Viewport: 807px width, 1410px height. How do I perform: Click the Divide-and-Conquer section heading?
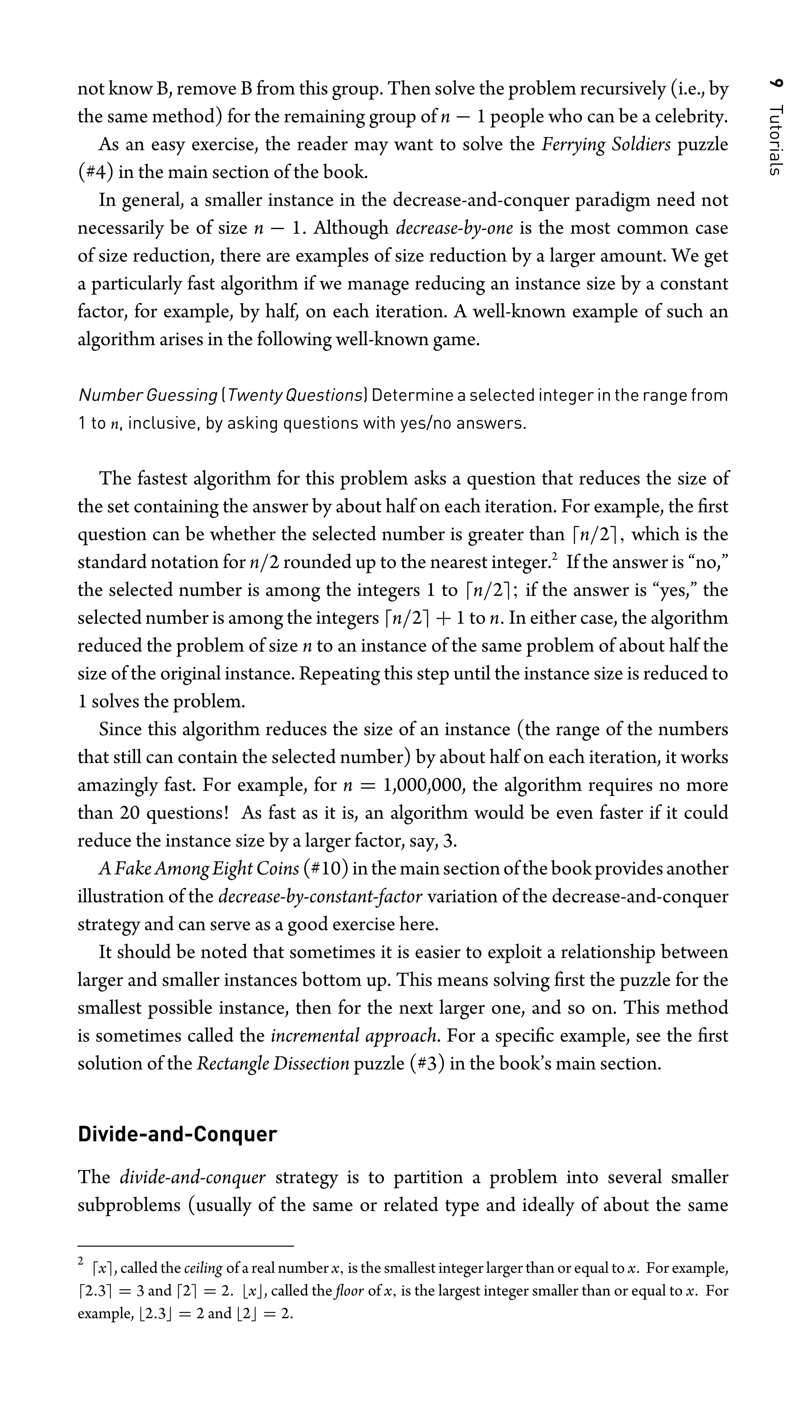[x=177, y=1134]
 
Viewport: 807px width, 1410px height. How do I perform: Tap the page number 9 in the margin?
[x=777, y=84]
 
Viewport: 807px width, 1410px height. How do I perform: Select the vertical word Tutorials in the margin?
[x=777, y=140]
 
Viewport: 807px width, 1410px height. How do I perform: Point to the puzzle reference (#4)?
[x=96, y=172]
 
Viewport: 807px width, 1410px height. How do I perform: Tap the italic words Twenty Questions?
[x=295, y=395]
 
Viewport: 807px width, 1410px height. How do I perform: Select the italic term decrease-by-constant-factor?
[x=320, y=896]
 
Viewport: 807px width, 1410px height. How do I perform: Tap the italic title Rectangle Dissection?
[x=273, y=1064]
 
